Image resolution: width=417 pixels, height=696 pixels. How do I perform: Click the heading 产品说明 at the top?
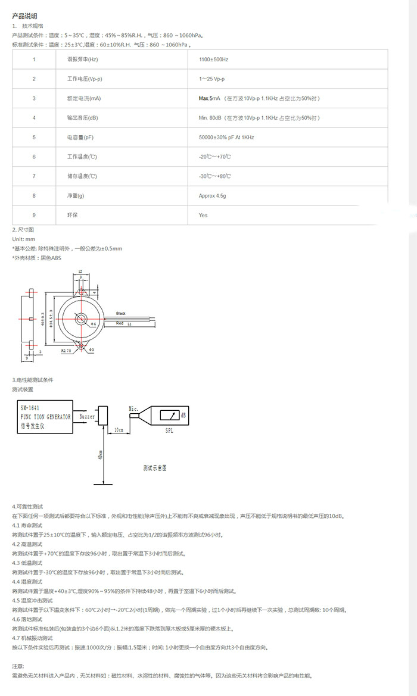(x=25, y=16)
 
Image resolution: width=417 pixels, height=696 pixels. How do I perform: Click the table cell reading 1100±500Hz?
(x=214, y=60)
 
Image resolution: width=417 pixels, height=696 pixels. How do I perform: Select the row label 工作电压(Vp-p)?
(x=78, y=79)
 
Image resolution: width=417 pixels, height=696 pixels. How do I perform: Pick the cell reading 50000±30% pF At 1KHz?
(x=226, y=138)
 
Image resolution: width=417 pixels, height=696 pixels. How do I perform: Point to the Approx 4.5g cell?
(x=213, y=195)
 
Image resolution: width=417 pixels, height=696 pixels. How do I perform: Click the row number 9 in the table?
(x=34, y=215)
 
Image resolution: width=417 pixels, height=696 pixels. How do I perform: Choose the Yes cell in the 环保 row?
(x=203, y=215)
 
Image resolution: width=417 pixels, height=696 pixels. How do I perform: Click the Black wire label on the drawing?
(x=121, y=313)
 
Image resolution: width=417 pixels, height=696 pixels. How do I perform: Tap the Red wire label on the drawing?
(x=120, y=323)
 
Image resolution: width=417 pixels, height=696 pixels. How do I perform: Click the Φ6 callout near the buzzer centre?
(x=94, y=324)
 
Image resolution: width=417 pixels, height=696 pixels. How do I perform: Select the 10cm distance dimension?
(x=119, y=429)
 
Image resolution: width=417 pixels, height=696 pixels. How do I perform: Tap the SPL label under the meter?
(x=169, y=431)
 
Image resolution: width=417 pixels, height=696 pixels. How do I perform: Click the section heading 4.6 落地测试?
(x=27, y=620)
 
